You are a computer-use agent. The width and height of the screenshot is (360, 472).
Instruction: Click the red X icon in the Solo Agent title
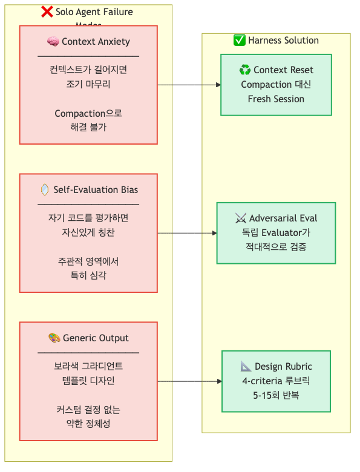[47, 11]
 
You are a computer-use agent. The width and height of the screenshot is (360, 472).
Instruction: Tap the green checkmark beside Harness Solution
[240, 41]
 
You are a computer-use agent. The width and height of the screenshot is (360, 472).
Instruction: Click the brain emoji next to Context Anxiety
[53, 42]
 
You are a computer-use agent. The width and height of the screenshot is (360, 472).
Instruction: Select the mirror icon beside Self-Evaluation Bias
[45, 190]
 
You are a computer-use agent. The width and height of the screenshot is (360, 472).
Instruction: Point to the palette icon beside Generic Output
[54, 338]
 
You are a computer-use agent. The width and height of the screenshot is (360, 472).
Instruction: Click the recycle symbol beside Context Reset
[245, 70]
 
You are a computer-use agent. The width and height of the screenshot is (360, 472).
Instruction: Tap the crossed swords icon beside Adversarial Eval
[241, 218]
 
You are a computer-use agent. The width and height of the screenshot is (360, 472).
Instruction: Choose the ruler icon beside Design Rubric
[246, 367]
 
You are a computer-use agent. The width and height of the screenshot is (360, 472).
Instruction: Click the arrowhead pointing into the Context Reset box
[218, 85]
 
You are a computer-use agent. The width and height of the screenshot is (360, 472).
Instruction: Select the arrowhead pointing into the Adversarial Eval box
[214, 233]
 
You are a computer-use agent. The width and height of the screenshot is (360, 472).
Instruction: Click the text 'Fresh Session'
[276, 99]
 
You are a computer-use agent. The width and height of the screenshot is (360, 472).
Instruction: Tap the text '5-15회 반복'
[276, 395]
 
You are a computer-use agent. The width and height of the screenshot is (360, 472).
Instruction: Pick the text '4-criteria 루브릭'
[276, 381]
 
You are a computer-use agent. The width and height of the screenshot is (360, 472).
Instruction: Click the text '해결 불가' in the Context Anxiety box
[88, 127]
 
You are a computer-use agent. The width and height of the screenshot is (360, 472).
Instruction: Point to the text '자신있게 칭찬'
[88, 232]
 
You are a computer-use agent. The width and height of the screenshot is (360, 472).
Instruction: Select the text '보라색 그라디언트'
[88, 366]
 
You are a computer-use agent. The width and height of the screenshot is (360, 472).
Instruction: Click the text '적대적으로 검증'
[276, 247]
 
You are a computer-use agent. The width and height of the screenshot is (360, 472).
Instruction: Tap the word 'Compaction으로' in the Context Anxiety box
[88, 113]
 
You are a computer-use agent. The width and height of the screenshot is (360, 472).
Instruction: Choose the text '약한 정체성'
[88, 424]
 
